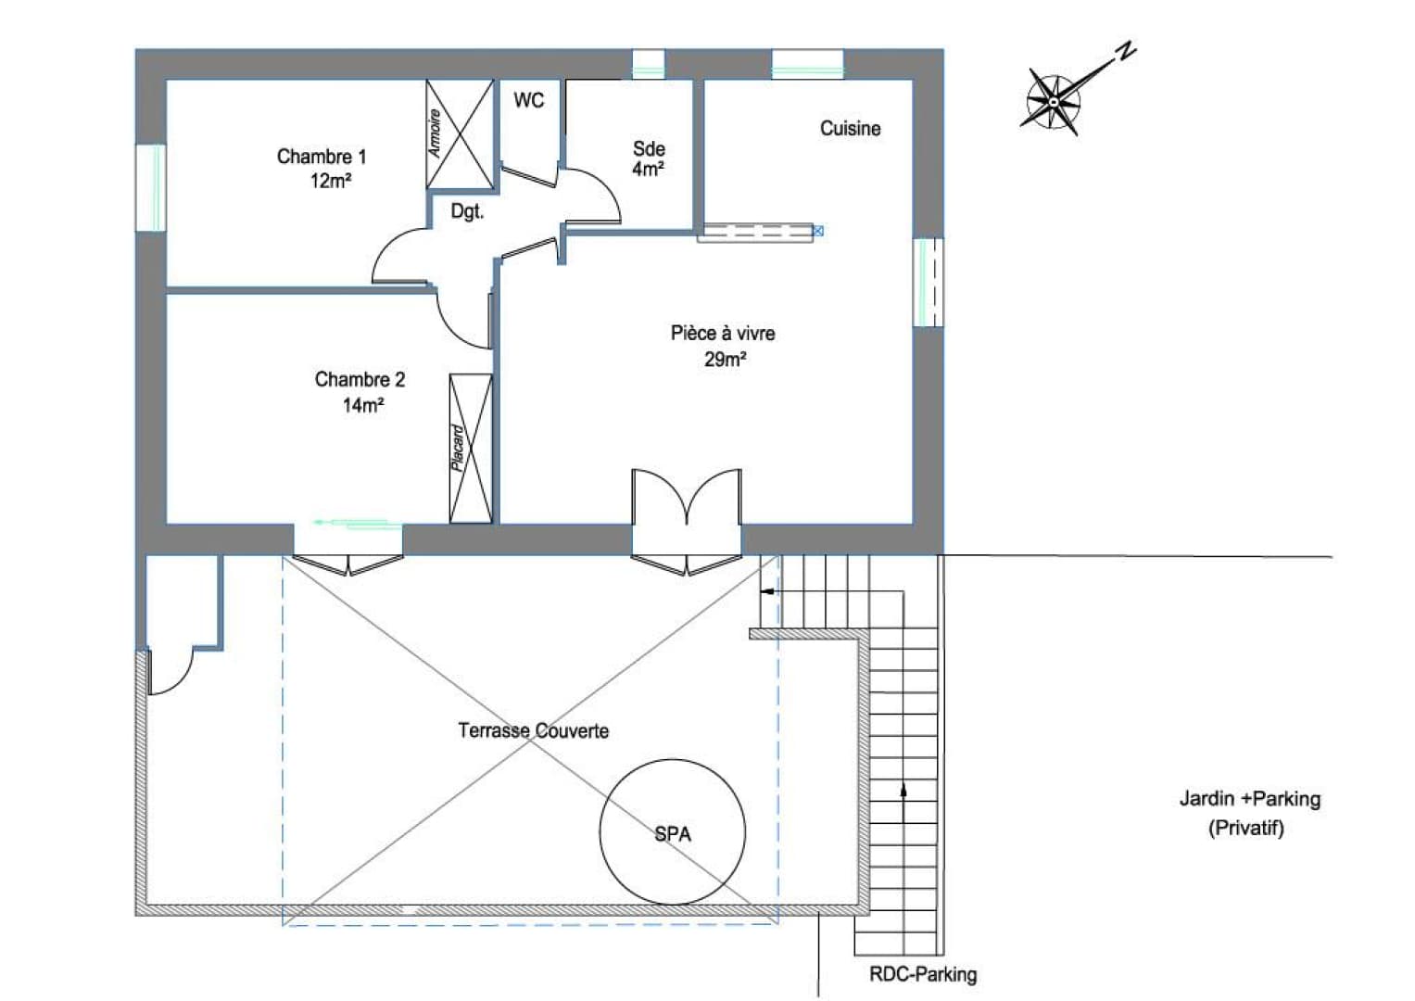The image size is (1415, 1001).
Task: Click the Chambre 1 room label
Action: click(x=322, y=157)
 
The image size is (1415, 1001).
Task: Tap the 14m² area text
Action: click(x=363, y=405)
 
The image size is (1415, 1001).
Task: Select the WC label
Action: click(x=529, y=100)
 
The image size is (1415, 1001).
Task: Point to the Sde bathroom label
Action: click(x=649, y=148)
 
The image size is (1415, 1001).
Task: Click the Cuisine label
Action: click(x=851, y=128)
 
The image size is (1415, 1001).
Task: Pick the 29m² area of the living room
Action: click(x=726, y=360)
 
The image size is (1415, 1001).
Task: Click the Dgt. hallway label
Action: click(x=467, y=211)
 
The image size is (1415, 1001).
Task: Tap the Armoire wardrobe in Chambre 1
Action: click(x=460, y=134)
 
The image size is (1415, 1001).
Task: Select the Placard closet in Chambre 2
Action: click(x=471, y=449)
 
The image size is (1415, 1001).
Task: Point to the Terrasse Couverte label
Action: click(x=534, y=730)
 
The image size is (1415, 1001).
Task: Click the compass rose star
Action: click(x=1053, y=101)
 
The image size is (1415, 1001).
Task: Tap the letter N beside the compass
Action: click(x=1125, y=51)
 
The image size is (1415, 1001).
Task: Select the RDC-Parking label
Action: click(x=923, y=974)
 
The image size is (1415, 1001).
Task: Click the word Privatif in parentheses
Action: click(x=1246, y=828)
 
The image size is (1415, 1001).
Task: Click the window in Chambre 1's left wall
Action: click(x=151, y=187)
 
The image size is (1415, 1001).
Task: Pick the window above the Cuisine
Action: click(x=807, y=65)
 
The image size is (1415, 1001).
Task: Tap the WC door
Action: click(x=529, y=176)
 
